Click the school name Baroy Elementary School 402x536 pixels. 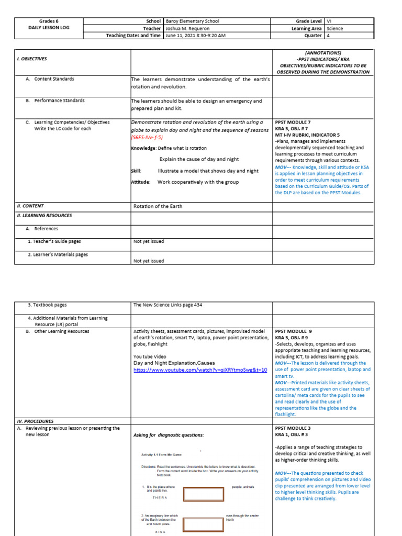click(192, 21)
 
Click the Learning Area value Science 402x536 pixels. click(334, 29)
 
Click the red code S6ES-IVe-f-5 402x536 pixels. click(147, 137)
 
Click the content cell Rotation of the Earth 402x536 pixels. click(158, 206)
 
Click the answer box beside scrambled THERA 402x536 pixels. click(203, 494)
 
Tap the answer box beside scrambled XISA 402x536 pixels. click(203, 525)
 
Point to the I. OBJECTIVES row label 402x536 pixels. click(32, 59)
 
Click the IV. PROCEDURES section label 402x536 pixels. click(35, 421)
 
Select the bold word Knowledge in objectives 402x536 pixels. click(143, 148)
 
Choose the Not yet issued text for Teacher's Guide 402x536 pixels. click(149, 241)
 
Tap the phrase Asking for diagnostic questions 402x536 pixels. click(169, 435)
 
